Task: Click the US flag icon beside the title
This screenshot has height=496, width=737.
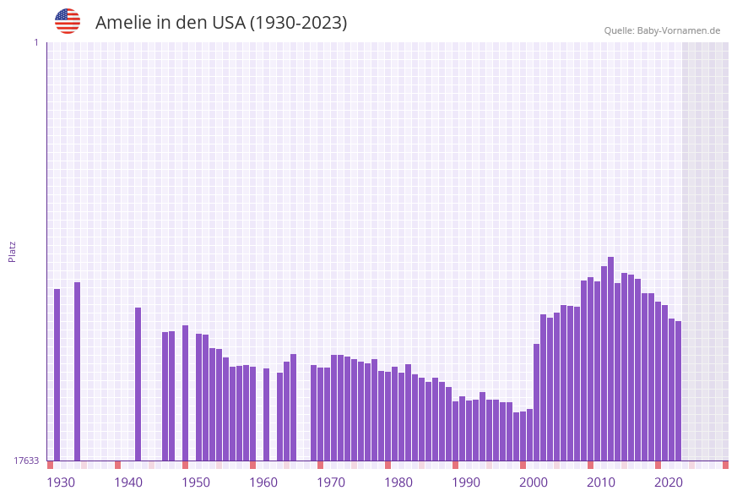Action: click(x=68, y=21)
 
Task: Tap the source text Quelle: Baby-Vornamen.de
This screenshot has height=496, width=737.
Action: click(x=662, y=30)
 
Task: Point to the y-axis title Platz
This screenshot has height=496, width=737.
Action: click(x=13, y=251)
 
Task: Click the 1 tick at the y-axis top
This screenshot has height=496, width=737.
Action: click(x=35, y=42)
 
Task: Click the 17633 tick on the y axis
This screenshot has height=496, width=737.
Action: click(x=26, y=461)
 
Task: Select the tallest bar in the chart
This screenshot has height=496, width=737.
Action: click(x=610, y=358)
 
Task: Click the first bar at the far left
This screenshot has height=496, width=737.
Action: click(x=57, y=374)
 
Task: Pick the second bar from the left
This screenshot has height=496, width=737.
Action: click(x=77, y=371)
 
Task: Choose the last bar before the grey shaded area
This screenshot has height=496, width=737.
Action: click(x=678, y=390)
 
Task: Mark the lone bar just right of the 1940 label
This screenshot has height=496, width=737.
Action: click(x=138, y=384)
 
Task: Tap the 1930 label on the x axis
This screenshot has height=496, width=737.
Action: click(x=60, y=482)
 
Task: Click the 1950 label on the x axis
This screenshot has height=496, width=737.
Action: click(x=196, y=482)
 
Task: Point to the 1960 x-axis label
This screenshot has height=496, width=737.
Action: click(x=263, y=482)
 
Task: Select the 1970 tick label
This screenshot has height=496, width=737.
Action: click(x=331, y=482)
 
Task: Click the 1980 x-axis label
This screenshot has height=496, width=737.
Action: click(x=398, y=482)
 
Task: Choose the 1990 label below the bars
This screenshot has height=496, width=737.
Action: click(x=466, y=482)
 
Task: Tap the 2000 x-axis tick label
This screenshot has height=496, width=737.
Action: click(x=534, y=482)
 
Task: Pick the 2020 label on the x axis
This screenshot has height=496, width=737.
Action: click(x=669, y=482)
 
